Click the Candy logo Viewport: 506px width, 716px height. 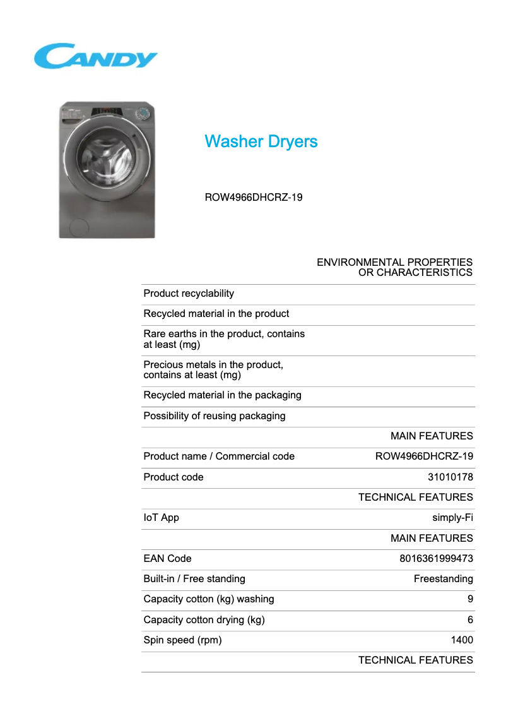point(95,56)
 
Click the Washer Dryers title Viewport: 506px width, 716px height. point(261,141)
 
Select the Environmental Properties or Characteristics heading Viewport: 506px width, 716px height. point(394,267)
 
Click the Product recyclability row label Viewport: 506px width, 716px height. point(189,294)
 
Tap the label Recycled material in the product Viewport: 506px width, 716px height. point(216,314)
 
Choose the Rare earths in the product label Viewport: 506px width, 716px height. point(224,339)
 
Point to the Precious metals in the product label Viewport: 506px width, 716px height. point(213,370)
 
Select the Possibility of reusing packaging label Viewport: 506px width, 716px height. point(215,416)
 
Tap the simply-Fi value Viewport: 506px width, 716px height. point(452,518)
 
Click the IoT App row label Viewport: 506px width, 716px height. point(162,518)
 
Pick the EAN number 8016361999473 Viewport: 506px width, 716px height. point(436,559)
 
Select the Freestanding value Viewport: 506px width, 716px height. point(443,579)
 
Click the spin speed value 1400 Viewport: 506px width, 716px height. point(461,640)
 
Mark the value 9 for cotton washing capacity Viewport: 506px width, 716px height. point(470,599)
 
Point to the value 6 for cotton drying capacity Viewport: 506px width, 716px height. point(470,620)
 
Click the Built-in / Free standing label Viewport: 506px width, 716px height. point(194,579)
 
